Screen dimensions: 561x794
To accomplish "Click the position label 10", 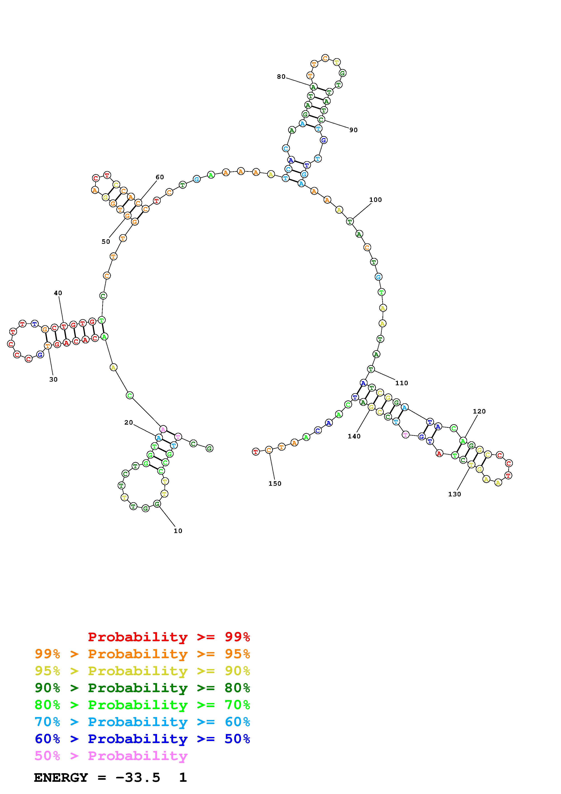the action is coord(178,531).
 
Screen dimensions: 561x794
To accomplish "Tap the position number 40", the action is coord(58,293).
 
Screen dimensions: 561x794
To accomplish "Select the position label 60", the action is coord(160,177).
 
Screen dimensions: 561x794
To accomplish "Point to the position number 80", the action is coord(281,77).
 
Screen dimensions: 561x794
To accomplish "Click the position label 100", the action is coord(376,200).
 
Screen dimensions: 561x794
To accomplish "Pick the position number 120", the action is coord(480,411).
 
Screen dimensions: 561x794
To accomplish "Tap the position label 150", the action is coord(275,483).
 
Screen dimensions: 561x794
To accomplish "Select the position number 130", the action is coord(455,494).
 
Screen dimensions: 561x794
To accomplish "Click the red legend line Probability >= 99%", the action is coord(169,637).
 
